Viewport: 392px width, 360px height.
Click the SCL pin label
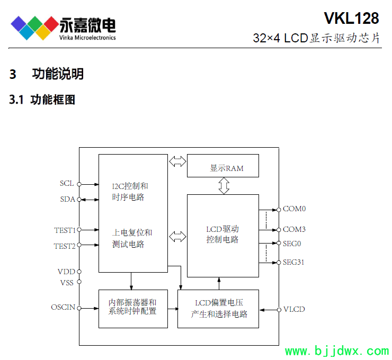tap(67, 184)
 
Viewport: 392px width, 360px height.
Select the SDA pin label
tap(67, 199)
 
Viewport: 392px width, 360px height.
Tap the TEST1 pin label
tap(65, 230)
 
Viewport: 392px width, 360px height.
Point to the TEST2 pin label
tap(65, 246)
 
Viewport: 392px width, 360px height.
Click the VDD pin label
tap(67, 272)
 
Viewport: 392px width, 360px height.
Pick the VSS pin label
tap(67, 282)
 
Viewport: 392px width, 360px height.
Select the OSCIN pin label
tap(63, 307)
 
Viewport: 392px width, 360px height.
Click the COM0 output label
tap(294, 209)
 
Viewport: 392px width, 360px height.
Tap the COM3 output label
tap(294, 230)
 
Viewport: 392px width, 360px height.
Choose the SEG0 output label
tap(292, 244)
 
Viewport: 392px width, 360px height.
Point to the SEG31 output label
tap(293, 262)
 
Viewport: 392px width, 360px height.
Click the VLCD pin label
tap(294, 309)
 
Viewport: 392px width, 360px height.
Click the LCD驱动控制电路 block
tap(222, 235)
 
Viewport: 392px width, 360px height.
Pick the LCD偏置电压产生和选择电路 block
tap(218, 309)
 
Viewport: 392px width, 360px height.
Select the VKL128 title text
tap(351, 19)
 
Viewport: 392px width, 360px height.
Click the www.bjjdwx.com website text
tap(337, 352)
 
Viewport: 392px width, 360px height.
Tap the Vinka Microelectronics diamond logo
tap(34, 26)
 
